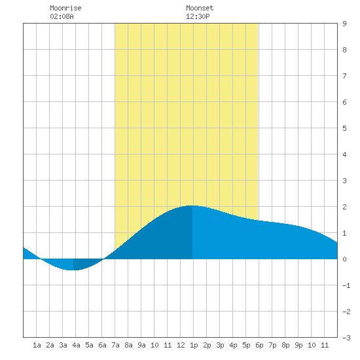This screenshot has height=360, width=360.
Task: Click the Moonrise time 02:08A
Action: [62, 16]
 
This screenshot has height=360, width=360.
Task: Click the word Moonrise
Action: [65, 8]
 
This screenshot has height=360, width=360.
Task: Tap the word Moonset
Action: [200, 8]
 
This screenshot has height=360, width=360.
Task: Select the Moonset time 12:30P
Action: [198, 16]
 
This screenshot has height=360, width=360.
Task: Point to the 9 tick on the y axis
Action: [344, 24]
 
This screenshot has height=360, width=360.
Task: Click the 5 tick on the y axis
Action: [344, 128]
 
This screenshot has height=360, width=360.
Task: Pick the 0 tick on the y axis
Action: [344, 259]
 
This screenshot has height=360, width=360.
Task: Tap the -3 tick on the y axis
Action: [347, 338]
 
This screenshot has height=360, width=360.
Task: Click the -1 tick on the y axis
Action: [347, 285]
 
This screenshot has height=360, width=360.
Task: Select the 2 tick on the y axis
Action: [344, 207]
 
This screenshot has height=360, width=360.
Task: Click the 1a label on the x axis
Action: [37, 345]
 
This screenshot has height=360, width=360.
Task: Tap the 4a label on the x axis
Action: [76, 345]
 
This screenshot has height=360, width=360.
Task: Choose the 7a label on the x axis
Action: [115, 345]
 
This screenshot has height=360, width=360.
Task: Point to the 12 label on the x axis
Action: [181, 345]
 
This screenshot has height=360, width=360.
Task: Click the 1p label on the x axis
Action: [194, 345]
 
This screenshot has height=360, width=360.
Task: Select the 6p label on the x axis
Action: [259, 345]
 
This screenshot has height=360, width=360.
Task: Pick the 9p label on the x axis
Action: [298, 345]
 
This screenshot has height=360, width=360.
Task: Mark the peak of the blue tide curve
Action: [192, 206]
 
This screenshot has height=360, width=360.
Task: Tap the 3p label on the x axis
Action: [220, 345]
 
